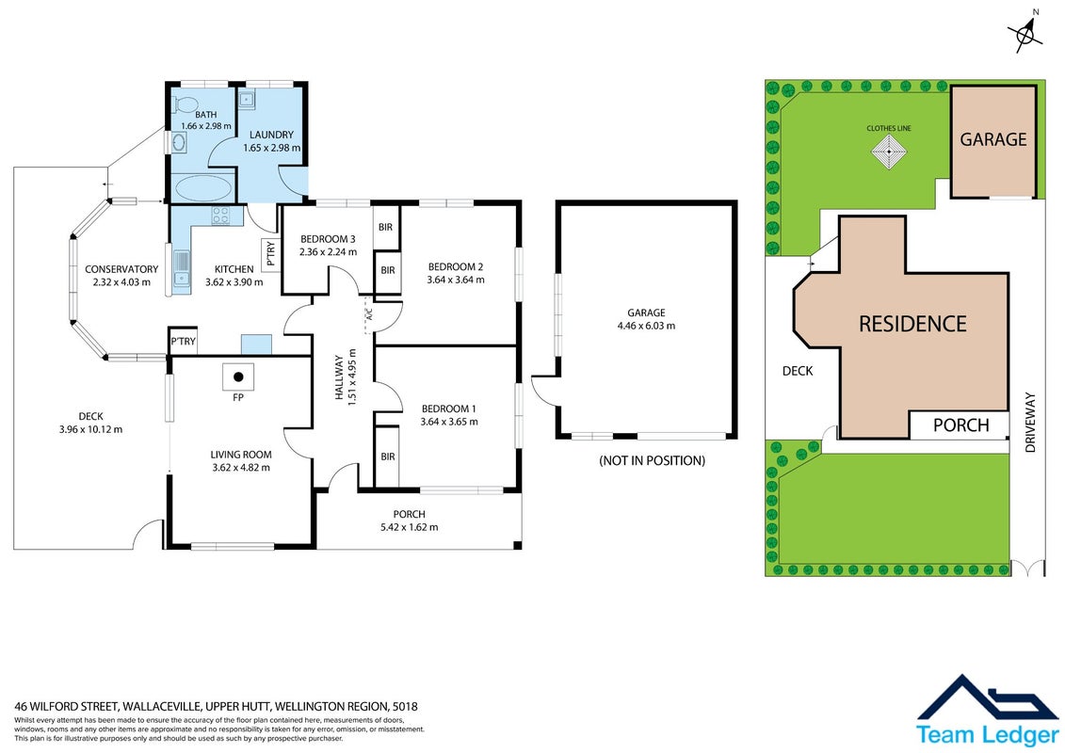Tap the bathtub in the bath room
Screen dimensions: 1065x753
[x=202, y=186]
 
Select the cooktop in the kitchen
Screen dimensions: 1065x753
[x=220, y=216]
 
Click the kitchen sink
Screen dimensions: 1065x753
[x=181, y=268]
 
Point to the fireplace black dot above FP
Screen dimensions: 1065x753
[x=238, y=376]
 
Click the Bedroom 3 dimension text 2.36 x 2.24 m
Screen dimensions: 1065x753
[x=328, y=252]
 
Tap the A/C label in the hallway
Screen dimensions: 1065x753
[x=370, y=315]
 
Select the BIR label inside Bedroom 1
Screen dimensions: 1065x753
[x=387, y=457]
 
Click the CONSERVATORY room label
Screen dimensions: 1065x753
[x=121, y=269]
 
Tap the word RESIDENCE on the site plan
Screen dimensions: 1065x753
[x=912, y=324]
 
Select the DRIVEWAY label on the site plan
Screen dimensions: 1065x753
[x=1030, y=423]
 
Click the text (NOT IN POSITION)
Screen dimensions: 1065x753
[x=652, y=461]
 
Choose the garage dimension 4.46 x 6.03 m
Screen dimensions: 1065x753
[x=646, y=326]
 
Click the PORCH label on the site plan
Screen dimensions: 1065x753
[x=960, y=425]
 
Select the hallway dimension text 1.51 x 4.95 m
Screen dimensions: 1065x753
[x=351, y=377]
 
